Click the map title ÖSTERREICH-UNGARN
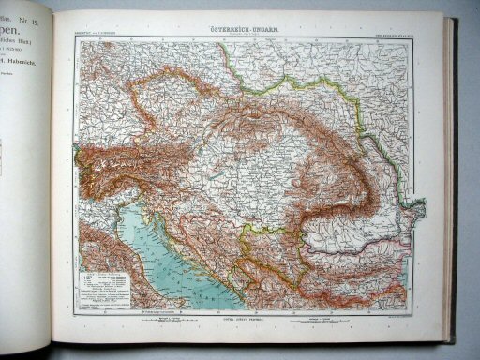240,29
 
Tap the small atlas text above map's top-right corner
384,33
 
